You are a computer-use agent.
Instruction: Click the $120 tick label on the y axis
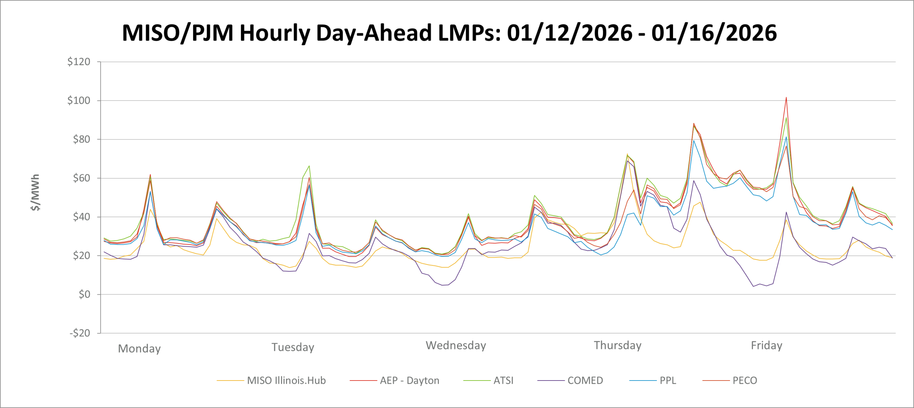pyautogui.click(x=79, y=62)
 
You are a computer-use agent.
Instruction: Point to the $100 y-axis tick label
pyautogui.click(x=79, y=101)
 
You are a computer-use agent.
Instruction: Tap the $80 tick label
pyautogui.click(x=81, y=139)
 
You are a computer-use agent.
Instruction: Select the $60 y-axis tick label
pyautogui.click(x=81, y=178)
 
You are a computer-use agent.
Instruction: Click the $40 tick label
pyautogui.click(x=81, y=217)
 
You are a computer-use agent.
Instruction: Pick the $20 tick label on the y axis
pyautogui.click(x=81, y=256)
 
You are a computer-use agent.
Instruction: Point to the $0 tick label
pyautogui.click(x=84, y=294)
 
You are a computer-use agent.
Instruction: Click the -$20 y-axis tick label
pyautogui.click(x=80, y=333)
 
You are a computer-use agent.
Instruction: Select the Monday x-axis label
pyautogui.click(x=139, y=349)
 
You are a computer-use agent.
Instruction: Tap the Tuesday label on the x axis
pyautogui.click(x=293, y=347)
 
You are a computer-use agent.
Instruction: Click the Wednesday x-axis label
pyautogui.click(x=456, y=346)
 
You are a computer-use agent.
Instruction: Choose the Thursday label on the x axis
pyautogui.click(x=618, y=346)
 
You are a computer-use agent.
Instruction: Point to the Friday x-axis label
pyautogui.click(x=767, y=346)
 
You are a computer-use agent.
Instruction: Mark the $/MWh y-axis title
pyautogui.click(x=35, y=193)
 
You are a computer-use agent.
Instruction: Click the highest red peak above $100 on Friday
pyautogui.click(x=786, y=97)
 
